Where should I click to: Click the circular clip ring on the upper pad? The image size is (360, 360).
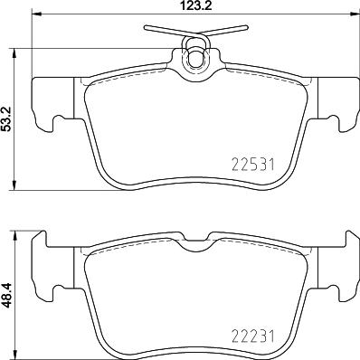(x=194, y=57)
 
